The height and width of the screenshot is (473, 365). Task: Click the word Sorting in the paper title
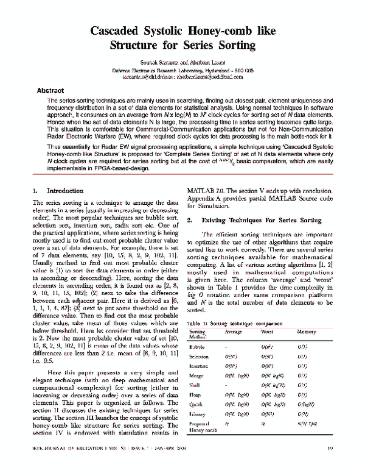pyautogui.click(x=232, y=45)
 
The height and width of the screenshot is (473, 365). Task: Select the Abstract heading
pyautogui.click(x=51, y=90)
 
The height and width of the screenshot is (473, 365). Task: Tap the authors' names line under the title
pyautogui.click(x=182, y=63)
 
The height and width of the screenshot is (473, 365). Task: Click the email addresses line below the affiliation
pyautogui.click(x=182, y=77)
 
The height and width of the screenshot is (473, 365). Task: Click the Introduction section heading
pyautogui.click(x=66, y=190)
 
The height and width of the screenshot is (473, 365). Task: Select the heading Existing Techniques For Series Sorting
pyautogui.click(x=265, y=219)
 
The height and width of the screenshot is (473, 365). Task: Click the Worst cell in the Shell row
pyautogui.click(x=271, y=386)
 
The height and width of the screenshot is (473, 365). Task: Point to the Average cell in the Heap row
pyautogui.click(x=236, y=396)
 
